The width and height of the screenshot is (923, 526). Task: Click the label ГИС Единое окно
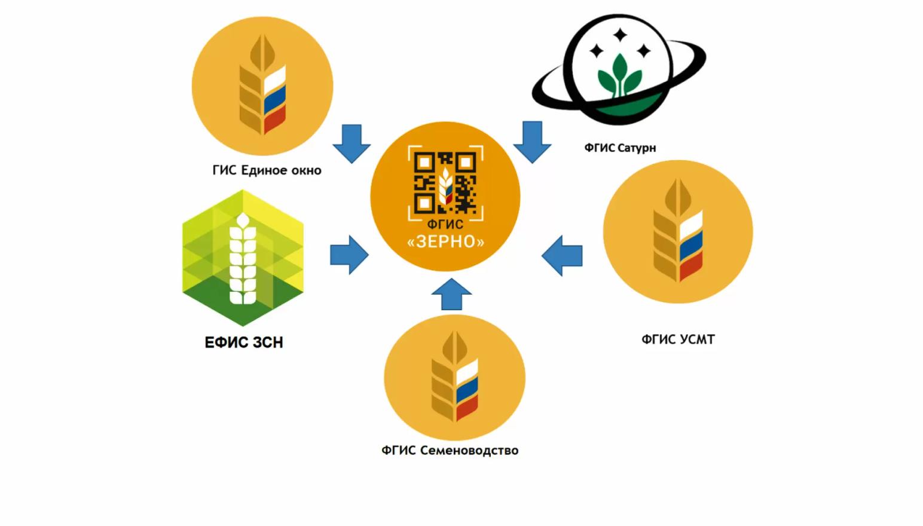tap(267, 170)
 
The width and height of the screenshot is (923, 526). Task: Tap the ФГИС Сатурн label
tap(620, 148)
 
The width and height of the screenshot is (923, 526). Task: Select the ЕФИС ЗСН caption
tap(244, 342)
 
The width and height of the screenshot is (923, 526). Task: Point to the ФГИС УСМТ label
tap(678, 340)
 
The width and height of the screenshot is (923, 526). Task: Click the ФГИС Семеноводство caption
tap(450, 450)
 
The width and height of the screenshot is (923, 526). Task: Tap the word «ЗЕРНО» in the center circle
tap(445, 241)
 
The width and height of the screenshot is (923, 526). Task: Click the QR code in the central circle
tap(445, 183)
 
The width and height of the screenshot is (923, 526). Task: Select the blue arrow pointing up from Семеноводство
tap(451, 294)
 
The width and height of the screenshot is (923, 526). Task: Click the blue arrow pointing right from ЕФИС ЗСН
tap(349, 255)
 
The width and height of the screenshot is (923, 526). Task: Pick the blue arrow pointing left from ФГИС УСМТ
tap(562, 256)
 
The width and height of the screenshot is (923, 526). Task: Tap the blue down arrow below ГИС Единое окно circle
tap(352, 143)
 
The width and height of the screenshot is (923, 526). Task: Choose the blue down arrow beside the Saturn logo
tap(532, 142)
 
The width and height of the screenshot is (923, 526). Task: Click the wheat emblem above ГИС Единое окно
tap(262, 86)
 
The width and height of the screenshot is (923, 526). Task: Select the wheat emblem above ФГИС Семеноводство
tap(454, 378)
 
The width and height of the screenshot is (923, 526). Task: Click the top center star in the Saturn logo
tap(620, 35)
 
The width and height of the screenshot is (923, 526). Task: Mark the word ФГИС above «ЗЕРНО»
tap(445, 225)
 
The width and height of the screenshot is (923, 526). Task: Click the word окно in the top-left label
tap(306, 170)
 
